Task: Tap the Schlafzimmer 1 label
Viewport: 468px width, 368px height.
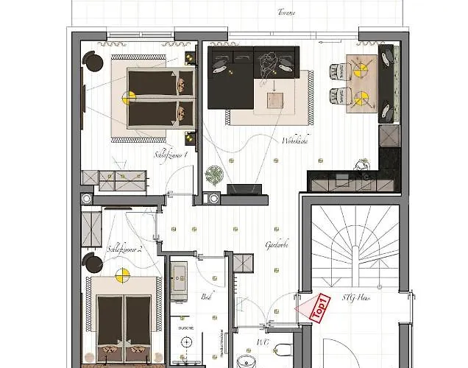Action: point(171,155)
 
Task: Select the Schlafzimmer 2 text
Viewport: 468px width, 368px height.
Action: point(124,249)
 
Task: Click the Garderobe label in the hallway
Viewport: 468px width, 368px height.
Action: point(277,245)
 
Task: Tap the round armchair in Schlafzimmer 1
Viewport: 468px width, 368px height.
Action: point(93,62)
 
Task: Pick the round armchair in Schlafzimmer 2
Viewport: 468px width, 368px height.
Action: point(93,263)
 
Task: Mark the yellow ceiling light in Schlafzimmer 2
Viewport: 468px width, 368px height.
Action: point(121,275)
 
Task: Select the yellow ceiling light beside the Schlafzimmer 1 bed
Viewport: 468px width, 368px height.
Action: point(129,97)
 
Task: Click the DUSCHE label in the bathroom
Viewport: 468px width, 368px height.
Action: point(186,328)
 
